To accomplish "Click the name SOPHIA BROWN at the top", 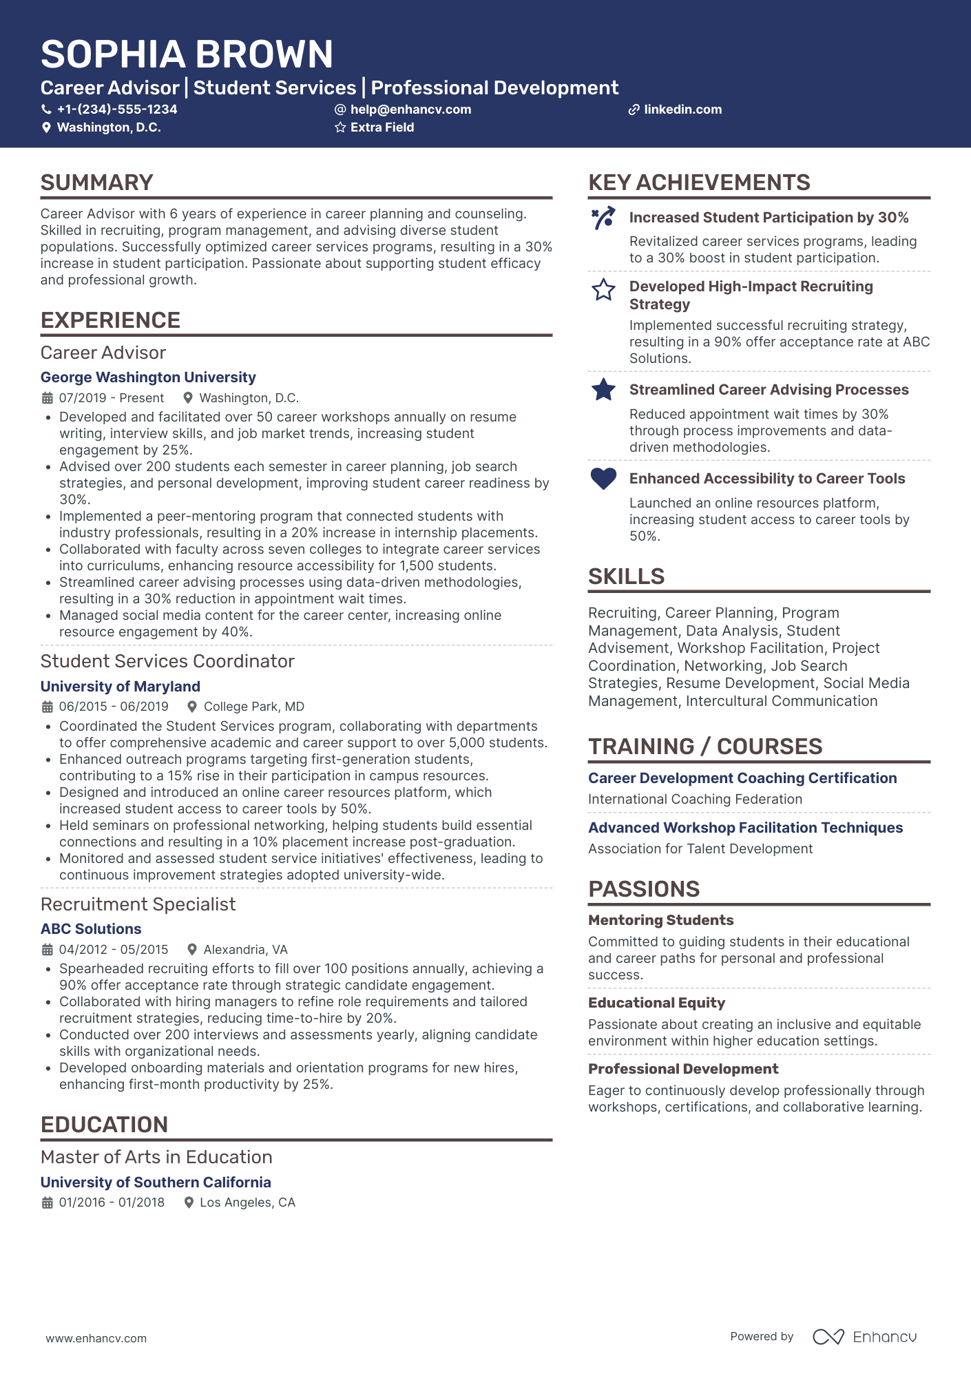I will pyautogui.click(x=187, y=54).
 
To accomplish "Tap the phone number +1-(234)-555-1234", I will pyautogui.click(x=116, y=110).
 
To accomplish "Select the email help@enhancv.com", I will pyautogui.click(x=410, y=110).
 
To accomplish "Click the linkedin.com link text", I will pyautogui.click(x=682, y=110).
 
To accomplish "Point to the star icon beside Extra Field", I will pyautogui.click(x=340, y=127).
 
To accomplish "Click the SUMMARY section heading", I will pyautogui.click(x=97, y=183).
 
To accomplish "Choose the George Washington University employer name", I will pyautogui.click(x=148, y=377).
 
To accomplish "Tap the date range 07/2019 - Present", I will pyautogui.click(x=112, y=398).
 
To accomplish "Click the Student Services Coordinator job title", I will pyautogui.click(x=167, y=661).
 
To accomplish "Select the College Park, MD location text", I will pyautogui.click(x=253, y=707).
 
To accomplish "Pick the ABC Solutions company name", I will pyautogui.click(x=91, y=929).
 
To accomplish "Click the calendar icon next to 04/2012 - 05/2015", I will pyautogui.click(x=48, y=950).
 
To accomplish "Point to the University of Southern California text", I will pyautogui.click(x=156, y=1183).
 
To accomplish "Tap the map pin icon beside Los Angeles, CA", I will pyautogui.click(x=189, y=1203).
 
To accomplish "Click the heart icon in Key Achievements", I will pyautogui.click(x=603, y=478).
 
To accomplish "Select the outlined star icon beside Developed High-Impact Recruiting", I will pyautogui.click(x=603, y=290).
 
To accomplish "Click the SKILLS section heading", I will pyautogui.click(x=626, y=576).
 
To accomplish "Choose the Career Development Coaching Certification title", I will pyautogui.click(x=742, y=778).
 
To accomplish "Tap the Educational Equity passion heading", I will pyautogui.click(x=656, y=1003).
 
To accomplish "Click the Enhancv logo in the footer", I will pyautogui.click(x=865, y=1337).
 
